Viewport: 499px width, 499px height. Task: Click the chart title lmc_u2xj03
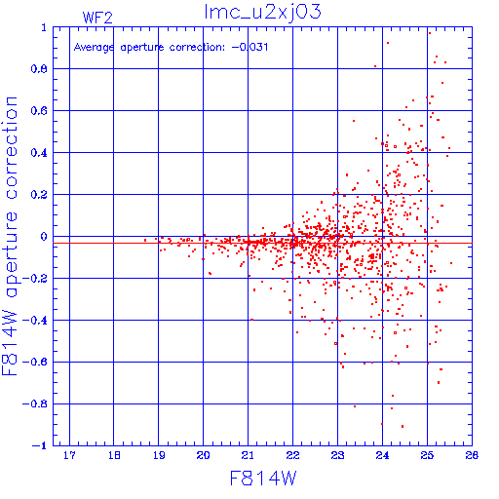(262, 13)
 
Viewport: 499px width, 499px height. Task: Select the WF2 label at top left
(97, 18)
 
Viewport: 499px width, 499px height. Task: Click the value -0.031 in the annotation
(249, 47)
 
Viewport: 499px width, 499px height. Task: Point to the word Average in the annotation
(94, 48)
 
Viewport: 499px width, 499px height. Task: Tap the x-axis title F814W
(263, 479)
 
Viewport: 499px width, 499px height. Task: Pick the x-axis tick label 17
(69, 455)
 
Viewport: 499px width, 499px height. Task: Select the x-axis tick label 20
(203, 455)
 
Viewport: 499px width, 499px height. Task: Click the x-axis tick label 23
(337, 455)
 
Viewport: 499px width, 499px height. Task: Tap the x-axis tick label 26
(472, 455)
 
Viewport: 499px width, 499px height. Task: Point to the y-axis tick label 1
(44, 27)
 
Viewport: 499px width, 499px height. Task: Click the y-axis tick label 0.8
(39, 69)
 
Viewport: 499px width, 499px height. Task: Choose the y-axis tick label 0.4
(39, 153)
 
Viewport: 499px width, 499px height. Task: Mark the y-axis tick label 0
(44, 236)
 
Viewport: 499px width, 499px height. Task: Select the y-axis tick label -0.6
(35, 362)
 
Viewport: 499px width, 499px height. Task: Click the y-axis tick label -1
(39, 445)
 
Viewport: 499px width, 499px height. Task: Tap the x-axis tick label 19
(159, 455)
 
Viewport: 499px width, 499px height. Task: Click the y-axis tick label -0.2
(35, 279)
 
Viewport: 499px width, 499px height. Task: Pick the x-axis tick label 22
(292, 455)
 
